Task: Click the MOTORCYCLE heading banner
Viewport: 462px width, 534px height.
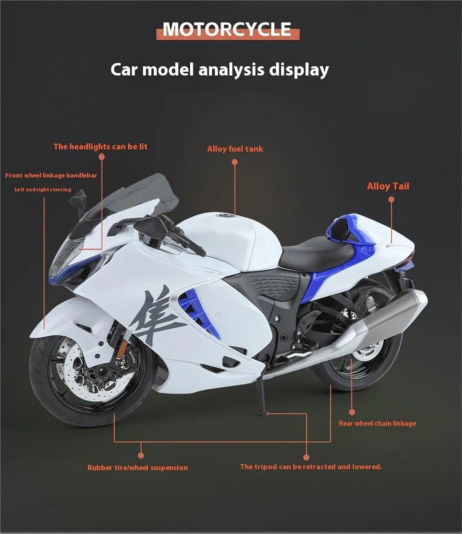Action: click(x=228, y=29)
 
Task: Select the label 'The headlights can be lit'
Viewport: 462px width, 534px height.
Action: click(x=100, y=147)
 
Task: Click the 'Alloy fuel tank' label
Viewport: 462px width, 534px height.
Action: click(x=235, y=149)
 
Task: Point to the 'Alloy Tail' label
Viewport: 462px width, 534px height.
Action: click(x=388, y=186)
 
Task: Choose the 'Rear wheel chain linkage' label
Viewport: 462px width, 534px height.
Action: click(x=377, y=423)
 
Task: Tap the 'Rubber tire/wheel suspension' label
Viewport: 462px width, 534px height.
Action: click(x=138, y=468)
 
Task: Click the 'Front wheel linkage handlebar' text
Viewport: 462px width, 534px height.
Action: click(x=51, y=175)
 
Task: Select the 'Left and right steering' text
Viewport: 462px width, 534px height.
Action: click(x=43, y=190)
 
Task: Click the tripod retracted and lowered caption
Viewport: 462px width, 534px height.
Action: click(x=310, y=467)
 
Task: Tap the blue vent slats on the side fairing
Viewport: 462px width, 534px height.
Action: click(x=192, y=306)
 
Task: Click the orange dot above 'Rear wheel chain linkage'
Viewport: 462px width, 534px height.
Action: click(x=352, y=412)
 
